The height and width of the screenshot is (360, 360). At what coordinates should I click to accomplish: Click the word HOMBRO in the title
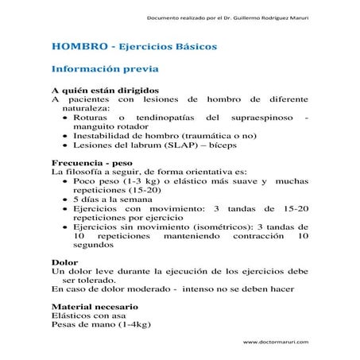pyautogui.click(x=77, y=47)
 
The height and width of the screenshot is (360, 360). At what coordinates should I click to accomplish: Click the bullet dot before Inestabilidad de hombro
pyautogui.click(x=64, y=136)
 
